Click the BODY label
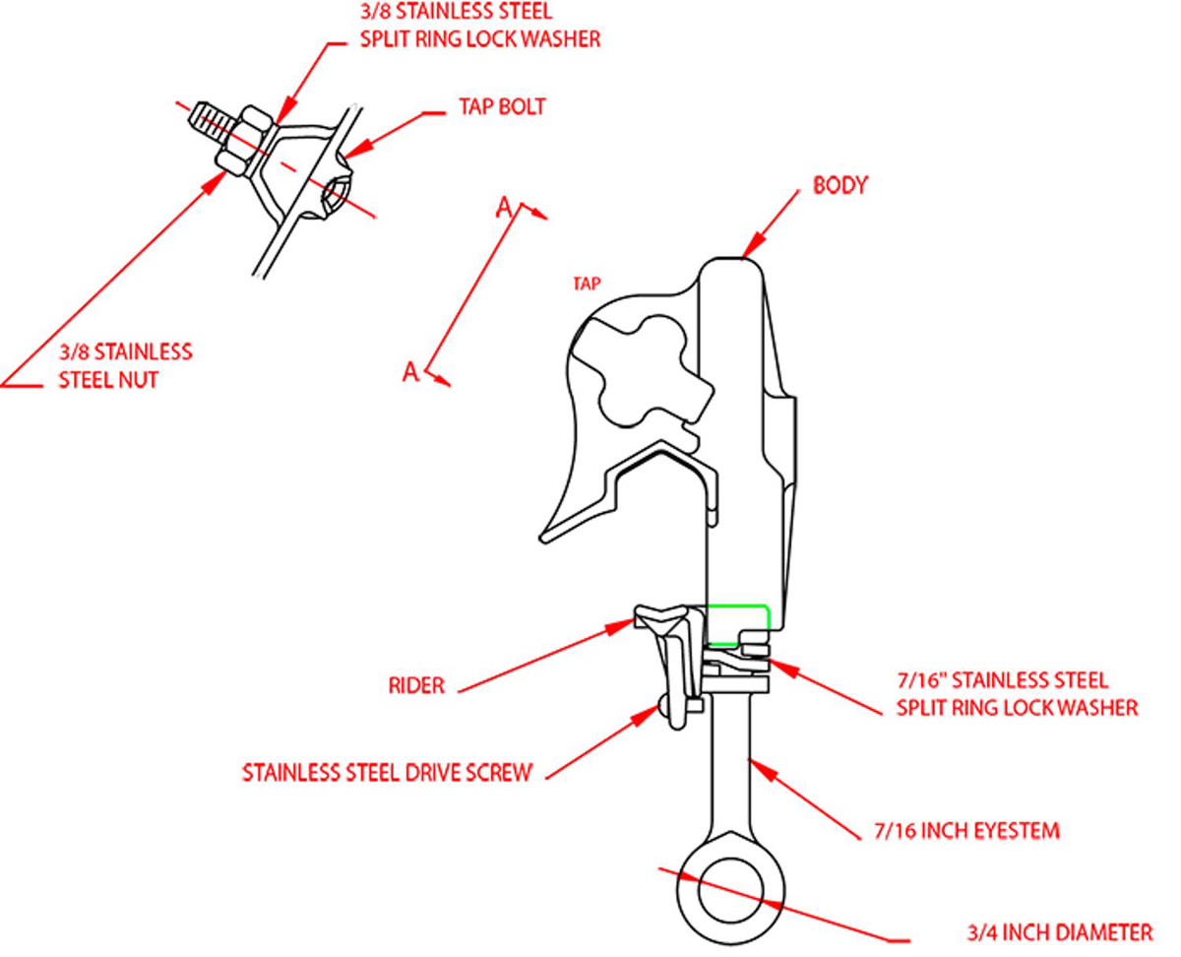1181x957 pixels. (839, 185)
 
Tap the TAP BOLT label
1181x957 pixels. (501, 106)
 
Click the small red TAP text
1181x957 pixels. (588, 285)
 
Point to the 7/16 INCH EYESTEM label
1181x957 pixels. (966, 831)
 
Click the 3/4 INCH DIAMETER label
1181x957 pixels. (1059, 931)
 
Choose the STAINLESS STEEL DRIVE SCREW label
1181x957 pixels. (387, 771)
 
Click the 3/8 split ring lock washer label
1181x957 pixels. (479, 28)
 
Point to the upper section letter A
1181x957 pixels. (503, 206)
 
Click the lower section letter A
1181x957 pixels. (411, 371)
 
